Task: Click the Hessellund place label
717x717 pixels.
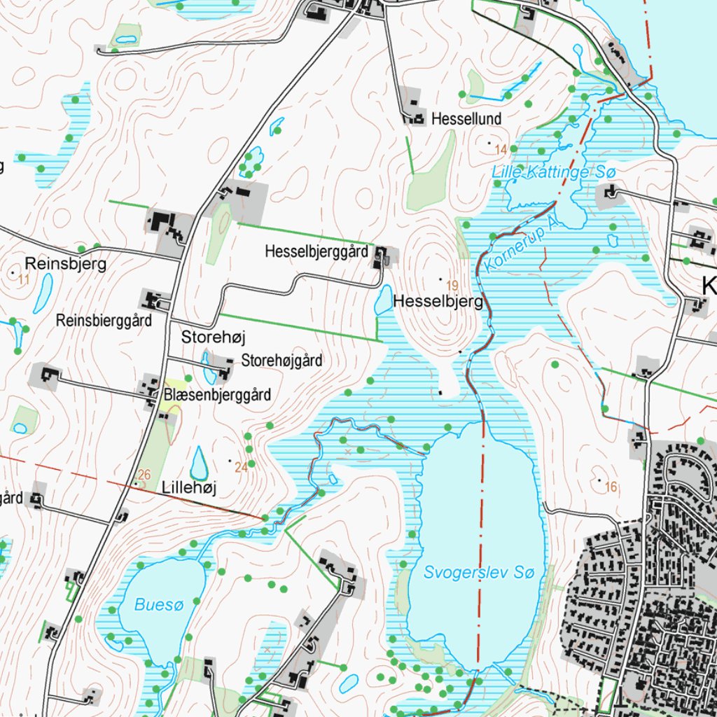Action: click(466, 119)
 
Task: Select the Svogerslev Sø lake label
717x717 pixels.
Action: click(480, 573)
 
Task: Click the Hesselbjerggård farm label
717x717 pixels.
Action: click(316, 251)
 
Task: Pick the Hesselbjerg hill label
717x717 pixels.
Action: click(438, 302)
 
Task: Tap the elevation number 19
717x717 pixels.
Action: click(452, 285)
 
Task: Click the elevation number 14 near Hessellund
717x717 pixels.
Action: click(500, 150)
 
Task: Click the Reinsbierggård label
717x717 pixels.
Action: click(104, 321)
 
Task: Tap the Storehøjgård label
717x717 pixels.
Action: click(281, 361)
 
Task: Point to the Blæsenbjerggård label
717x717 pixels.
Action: click(217, 395)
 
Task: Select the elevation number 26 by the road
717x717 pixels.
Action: click(145, 475)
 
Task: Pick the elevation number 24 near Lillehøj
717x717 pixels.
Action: click(241, 468)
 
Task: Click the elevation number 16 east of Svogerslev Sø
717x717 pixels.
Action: click(611, 487)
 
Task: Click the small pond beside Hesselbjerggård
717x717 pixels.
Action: click(383, 301)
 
